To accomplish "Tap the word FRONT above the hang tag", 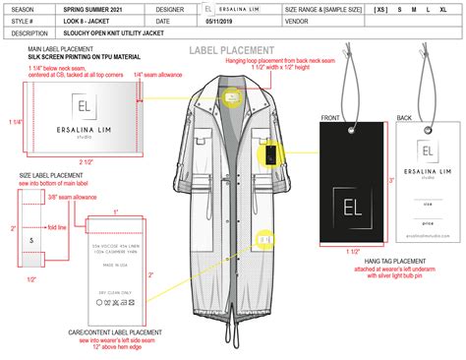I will pyautogui.click(x=329, y=117).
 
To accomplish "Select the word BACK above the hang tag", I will pyautogui.click(x=403, y=117).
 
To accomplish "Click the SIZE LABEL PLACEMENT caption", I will pyautogui.click(x=53, y=176).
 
